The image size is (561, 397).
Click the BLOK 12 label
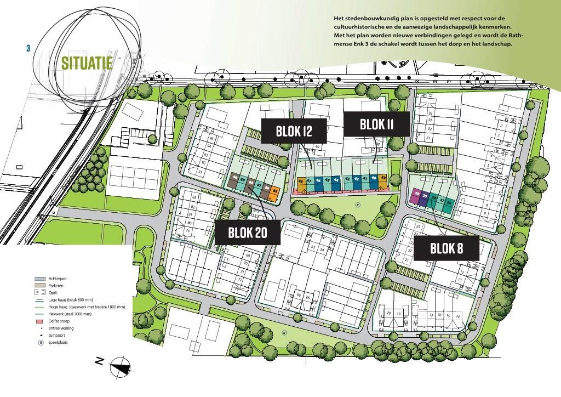point(294,131)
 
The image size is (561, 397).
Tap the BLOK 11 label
point(376,124)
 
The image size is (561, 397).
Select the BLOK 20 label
point(248,232)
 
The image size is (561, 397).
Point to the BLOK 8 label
point(446,248)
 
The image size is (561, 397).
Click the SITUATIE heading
point(87,63)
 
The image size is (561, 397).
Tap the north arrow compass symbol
point(121,367)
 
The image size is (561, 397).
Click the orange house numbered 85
point(276,192)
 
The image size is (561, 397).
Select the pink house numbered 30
point(417,196)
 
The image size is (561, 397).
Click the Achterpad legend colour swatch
point(39,279)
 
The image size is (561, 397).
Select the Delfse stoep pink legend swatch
point(39,321)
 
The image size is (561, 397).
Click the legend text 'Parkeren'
point(57,286)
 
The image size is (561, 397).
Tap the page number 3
point(28,48)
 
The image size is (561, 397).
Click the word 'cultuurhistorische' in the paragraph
point(362,26)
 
